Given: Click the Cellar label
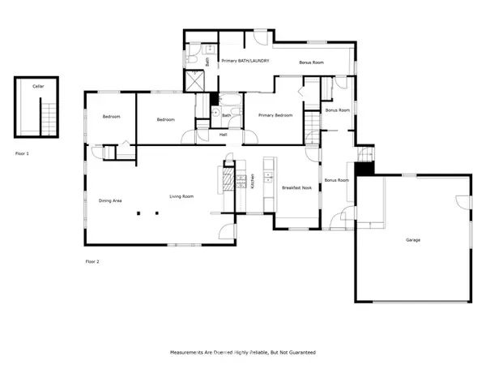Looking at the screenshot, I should click(38, 85).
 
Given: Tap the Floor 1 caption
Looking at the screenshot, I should click(22, 152).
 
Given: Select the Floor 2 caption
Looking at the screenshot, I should click(93, 261).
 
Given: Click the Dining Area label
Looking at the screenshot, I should click(110, 200).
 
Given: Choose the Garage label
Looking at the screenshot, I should click(413, 240).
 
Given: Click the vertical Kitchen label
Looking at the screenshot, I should click(253, 181).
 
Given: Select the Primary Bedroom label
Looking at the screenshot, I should click(275, 116).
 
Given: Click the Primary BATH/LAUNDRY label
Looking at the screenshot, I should click(245, 61).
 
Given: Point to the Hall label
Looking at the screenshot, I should click(223, 135).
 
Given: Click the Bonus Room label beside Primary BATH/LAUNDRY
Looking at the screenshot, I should click(311, 62).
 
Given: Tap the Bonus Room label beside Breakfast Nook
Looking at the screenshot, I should click(336, 179).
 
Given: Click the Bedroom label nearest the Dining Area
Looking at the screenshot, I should click(111, 117).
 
